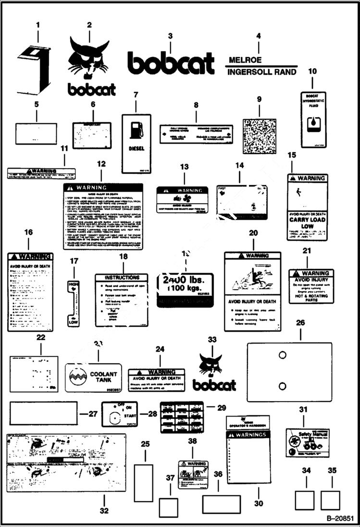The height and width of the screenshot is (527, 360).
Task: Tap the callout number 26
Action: point(300,323)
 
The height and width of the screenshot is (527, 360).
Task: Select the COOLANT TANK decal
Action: point(96,378)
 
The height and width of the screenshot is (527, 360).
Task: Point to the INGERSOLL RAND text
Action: point(262,73)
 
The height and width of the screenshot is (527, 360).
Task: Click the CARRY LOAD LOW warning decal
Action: point(307,207)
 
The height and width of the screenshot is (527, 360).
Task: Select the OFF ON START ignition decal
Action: point(119,414)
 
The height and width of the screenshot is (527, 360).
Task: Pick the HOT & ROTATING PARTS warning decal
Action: point(310,286)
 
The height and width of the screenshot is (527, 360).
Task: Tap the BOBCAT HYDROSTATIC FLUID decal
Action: point(312,119)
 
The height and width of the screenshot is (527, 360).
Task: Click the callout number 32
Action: point(104,511)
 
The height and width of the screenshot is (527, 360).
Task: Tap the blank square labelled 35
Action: point(330,500)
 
